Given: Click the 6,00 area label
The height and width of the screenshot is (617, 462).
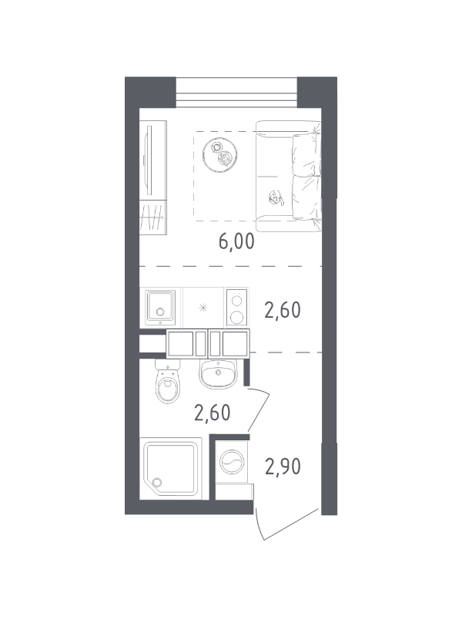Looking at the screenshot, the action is click(236, 241).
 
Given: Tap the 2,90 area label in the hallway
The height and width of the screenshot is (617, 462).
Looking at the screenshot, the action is click(283, 467).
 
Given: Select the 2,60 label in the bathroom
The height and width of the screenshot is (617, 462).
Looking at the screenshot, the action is click(213, 413).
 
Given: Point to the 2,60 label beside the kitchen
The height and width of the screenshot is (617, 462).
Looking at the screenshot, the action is click(283, 310).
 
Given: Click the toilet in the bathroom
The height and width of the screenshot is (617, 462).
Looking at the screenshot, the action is click(167, 381).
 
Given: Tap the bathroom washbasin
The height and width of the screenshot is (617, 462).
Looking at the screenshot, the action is click(218, 373).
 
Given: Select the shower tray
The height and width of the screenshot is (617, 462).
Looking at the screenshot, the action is click(170, 469).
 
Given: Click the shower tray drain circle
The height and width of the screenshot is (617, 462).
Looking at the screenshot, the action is click(158, 483).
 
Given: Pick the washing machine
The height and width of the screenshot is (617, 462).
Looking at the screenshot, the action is click(232, 461).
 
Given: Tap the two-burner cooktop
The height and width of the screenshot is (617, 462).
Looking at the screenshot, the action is click(237, 308).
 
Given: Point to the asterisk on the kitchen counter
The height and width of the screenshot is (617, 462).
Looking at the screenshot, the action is click(203, 308).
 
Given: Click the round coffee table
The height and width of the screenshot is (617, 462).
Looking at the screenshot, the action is click(220, 154).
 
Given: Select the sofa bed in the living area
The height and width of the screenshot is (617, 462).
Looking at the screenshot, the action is click(289, 176).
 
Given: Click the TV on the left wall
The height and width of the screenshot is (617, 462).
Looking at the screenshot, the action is click(149, 160).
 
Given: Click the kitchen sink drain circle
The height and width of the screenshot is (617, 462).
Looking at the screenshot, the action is click(159, 312).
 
